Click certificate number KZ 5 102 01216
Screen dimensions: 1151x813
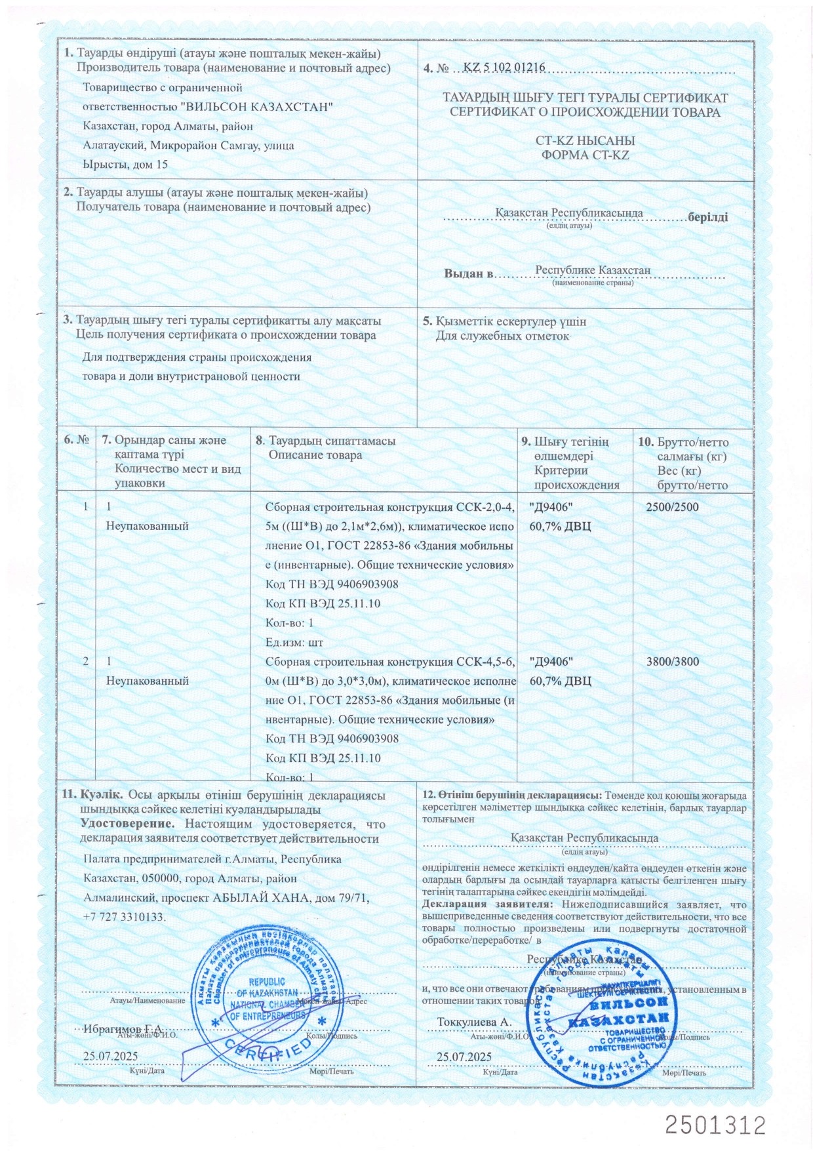504,68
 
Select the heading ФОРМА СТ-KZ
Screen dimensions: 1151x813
585,155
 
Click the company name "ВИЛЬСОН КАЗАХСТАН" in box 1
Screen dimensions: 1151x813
256,107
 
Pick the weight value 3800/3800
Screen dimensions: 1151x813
672,661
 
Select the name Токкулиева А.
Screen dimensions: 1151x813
474,1022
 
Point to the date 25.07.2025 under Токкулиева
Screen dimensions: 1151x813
464,1057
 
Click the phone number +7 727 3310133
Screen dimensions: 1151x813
125,916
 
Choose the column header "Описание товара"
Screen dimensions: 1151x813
315,455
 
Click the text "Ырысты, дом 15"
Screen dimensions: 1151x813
126,164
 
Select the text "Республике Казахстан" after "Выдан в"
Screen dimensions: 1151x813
592,270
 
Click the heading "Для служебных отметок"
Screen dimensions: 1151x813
504,336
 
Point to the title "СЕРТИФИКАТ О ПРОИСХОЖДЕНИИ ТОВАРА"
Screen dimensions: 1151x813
585,112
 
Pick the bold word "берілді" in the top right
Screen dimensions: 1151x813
707,217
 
